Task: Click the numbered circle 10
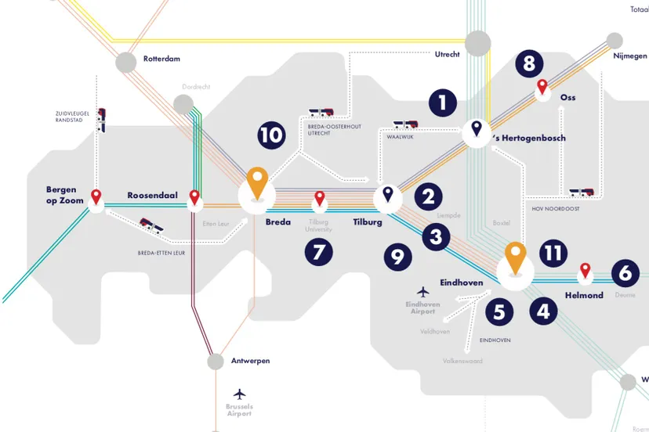click(271, 135)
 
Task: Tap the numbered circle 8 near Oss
click(530, 63)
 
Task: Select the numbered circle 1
click(442, 103)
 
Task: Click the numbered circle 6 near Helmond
click(625, 272)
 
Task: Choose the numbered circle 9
click(397, 256)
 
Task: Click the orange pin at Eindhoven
click(514, 258)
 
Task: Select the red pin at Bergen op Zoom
click(96, 197)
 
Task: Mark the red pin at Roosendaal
click(194, 197)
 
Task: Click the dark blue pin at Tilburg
click(387, 193)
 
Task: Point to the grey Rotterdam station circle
click(125, 63)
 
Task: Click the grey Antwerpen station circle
click(216, 362)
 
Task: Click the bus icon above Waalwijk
click(404, 124)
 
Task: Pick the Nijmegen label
click(630, 56)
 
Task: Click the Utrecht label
click(447, 54)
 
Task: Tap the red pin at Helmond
click(584, 272)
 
